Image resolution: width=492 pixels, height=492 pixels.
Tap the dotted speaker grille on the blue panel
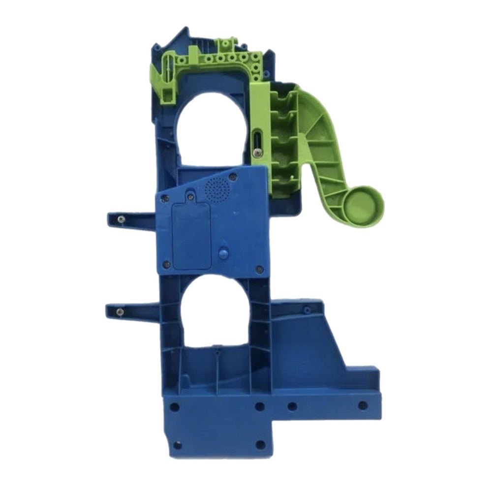(x=217, y=187)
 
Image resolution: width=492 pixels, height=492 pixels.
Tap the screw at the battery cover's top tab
(x=190, y=197)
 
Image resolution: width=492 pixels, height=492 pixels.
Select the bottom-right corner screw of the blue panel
(x=260, y=269)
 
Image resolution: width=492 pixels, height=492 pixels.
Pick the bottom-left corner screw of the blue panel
(x=166, y=265)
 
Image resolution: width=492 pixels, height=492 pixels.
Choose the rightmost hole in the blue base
(x=362, y=405)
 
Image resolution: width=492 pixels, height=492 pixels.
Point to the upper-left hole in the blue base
(x=174, y=407)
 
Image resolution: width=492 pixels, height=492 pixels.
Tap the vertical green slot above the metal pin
(x=257, y=138)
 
